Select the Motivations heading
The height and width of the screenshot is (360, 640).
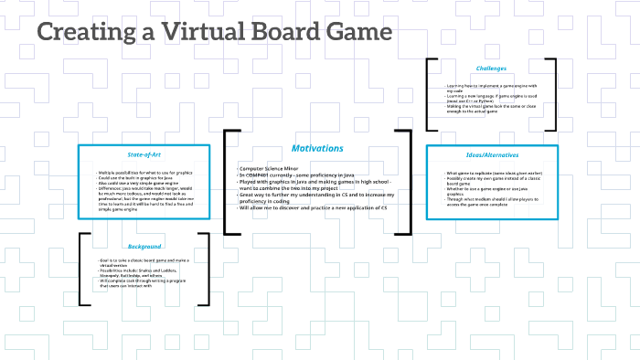pyautogui.click(x=317, y=148)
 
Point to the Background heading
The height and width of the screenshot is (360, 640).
pyautogui.click(x=144, y=247)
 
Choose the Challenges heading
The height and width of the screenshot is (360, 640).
pyautogui.click(x=491, y=69)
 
